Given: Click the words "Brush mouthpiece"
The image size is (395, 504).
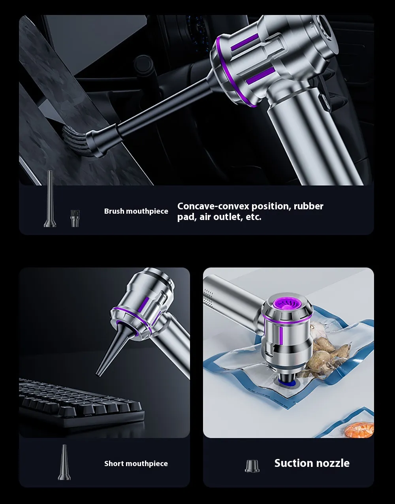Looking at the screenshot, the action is (x=136, y=211).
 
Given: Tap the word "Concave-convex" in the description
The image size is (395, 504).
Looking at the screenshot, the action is (x=213, y=206).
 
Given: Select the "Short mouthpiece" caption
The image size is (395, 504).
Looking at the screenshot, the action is (x=136, y=463).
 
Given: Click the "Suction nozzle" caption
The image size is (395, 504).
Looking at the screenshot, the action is (x=312, y=463).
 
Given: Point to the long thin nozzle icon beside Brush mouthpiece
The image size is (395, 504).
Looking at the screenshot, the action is (x=50, y=199).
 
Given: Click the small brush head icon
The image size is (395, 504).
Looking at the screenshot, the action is (x=75, y=218).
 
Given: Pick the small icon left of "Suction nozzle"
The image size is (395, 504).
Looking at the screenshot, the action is (x=252, y=466).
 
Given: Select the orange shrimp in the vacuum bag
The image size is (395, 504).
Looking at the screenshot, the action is (x=359, y=430).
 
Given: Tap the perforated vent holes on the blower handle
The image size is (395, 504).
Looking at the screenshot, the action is (x=209, y=299).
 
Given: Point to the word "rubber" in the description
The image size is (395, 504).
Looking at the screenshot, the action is (x=308, y=206).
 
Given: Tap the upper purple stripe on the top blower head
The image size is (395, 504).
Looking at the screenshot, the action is (x=245, y=42).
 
